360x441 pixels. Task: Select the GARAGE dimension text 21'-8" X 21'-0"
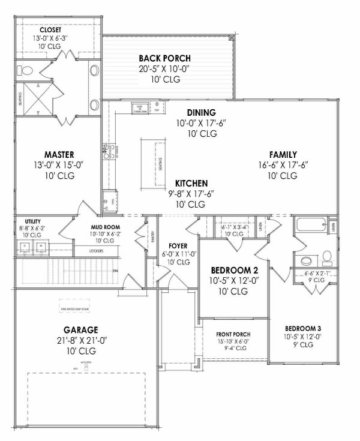click(82, 340)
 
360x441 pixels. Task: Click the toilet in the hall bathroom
click(327, 258)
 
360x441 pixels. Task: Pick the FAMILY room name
click(283, 154)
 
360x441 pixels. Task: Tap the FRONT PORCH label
click(235, 334)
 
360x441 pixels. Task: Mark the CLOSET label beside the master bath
click(51, 29)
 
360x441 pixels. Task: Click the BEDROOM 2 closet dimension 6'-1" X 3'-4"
click(230, 227)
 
